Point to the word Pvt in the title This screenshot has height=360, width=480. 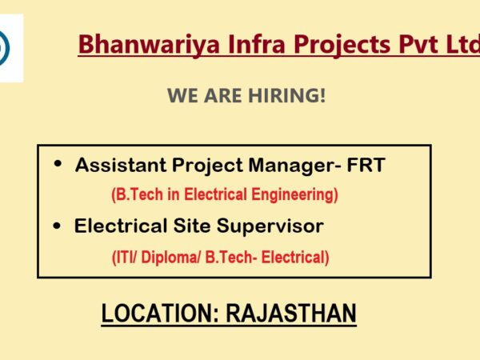click(x=418, y=44)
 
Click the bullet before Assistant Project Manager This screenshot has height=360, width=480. click(x=58, y=164)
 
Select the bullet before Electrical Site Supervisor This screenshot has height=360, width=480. click(x=57, y=226)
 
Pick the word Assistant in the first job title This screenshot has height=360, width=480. click(x=121, y=165)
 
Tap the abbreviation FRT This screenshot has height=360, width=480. click(x=366, y=165)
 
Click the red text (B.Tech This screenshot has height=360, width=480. click(x=137, y=194)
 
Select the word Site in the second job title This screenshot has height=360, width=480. click(x=192, y=226)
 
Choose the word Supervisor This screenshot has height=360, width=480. click(x=270, y=227)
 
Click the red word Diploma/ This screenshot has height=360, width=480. click(x=171, y=258)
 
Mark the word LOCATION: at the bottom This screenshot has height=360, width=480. click(x=161, y=313)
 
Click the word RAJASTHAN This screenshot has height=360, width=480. click(x=291, y=313)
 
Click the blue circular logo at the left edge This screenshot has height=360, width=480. click(x=4, y=48)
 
